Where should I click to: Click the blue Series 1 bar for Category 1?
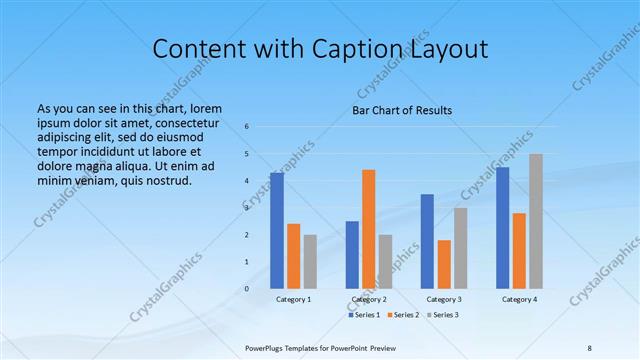[277, 231]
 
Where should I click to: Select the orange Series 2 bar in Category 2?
[368, 229]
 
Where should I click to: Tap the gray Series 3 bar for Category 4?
[536, 221]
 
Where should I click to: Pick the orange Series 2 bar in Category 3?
[444, 264]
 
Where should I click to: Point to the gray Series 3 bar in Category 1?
[310, 262]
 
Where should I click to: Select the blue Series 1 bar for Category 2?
[352, 255]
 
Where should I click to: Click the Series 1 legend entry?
[364, 315]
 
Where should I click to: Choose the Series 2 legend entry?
[403, 315]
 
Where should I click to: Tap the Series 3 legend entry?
[442, 315]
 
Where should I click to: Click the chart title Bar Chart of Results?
[402, 110]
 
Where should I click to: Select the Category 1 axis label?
[293, 299]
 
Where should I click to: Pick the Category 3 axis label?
[444, 299]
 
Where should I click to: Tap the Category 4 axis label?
[519, 299]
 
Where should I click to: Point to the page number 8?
[589, 347]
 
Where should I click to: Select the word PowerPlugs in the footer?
[267, 347]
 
